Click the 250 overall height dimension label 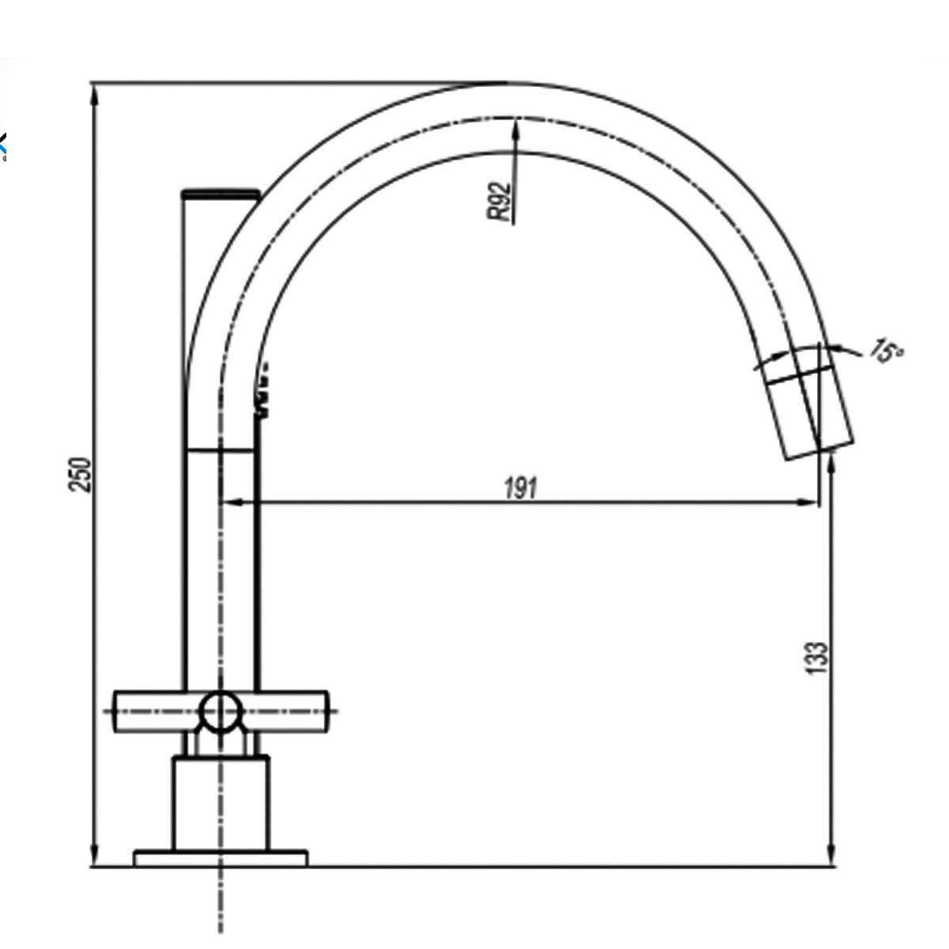[81, 474]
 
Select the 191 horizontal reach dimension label [520, 488]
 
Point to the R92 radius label [500, 202]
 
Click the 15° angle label [886, 350]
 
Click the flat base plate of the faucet [220, 859]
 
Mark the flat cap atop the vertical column [221, 193]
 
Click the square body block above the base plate [221, 803]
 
